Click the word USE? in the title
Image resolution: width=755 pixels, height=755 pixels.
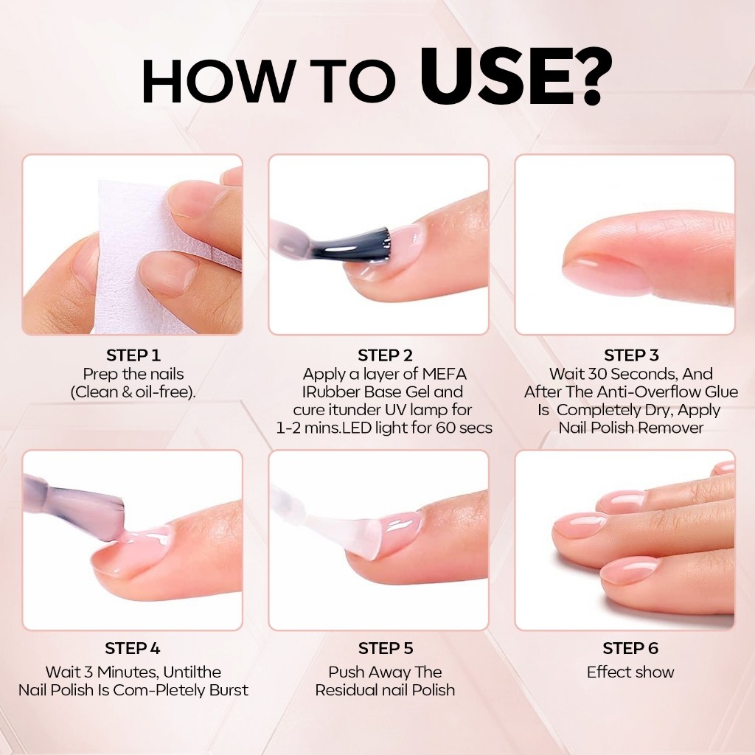pyautogui.click(x=516, y=77)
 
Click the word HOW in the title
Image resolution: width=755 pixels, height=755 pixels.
pyautogui.click(x=217, y=81)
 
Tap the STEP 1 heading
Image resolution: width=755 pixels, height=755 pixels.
pyautogui.click(x=133, y=355)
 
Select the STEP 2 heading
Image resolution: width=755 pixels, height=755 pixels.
pyautogui.click(x=385, y=355)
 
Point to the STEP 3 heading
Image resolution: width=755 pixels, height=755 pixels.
pyautogui.click(x=631, y=355)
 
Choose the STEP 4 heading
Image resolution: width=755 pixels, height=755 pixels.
pyautogui.click(x=133, y=648)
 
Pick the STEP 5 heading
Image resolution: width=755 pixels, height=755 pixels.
pyautogui.click(x=385, y=648)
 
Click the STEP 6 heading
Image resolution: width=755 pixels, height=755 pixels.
pyautogui.click(x=630, y=648)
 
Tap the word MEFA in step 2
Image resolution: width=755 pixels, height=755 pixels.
pyautogui.click(x=445, y=374)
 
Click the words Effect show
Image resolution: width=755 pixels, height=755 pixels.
pyautogui.click(x=630, y=672)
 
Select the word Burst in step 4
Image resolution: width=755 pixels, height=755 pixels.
pyautogui.click(x=229, y=690)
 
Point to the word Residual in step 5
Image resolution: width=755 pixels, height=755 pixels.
pyautogui.click(x=345, y=690)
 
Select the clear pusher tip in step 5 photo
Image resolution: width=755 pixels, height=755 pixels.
pyautogui.click(x=366, y=535)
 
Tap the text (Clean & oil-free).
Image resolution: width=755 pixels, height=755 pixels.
pyautogui.click(x=133, y=392)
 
